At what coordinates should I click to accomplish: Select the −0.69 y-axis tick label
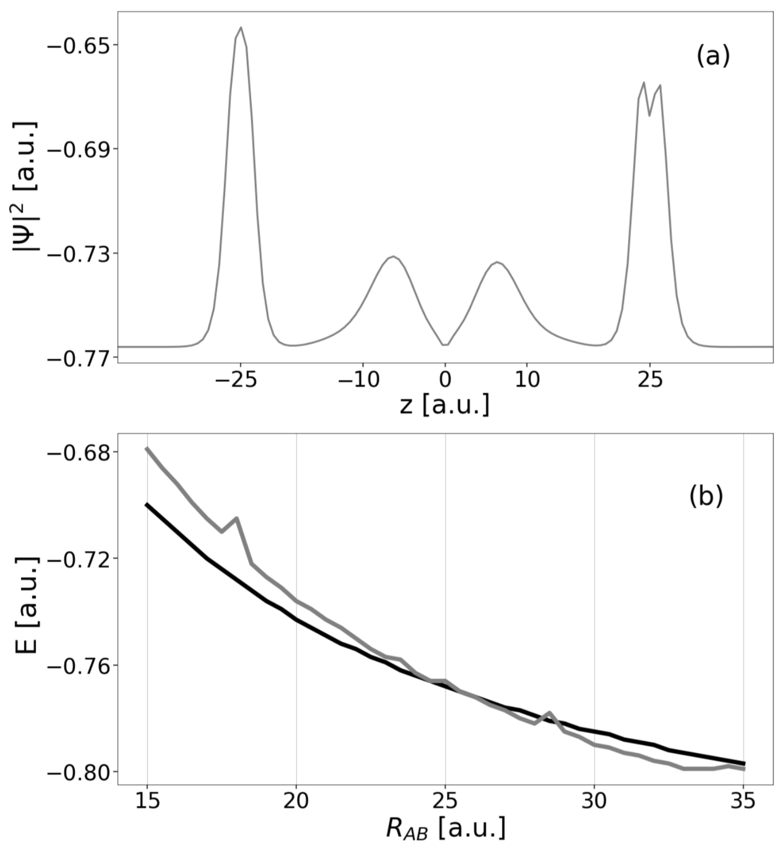point(77,149)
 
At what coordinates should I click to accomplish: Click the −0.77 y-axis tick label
point(77,358)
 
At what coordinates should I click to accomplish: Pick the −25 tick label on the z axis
point(236,380)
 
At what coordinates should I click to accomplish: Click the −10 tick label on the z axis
point(358,380)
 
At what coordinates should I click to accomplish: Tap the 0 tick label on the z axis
point(445,380)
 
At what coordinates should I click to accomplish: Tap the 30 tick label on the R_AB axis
point(594,801)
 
